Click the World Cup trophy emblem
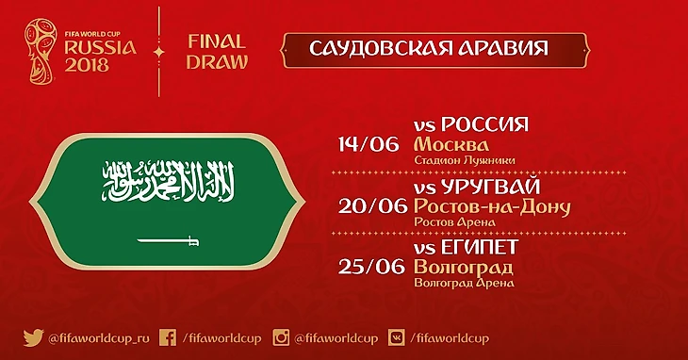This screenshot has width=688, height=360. tap(41, 51)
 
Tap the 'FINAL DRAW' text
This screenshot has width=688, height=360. tap(217, 52)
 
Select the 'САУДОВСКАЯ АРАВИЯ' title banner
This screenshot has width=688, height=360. tap(435, 51)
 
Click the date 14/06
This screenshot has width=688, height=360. tap(369, 144)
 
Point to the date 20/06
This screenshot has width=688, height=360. tap(372, 206)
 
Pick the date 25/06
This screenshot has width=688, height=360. tap(371, 267)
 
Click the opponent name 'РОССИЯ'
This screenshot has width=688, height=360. tap(484, 125)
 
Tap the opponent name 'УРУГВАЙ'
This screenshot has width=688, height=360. tap(490, 188)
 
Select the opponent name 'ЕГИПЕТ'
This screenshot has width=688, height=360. tap(480, 248)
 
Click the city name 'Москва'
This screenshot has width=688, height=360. tap(451, 145)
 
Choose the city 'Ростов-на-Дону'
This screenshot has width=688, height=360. tap(492, 207)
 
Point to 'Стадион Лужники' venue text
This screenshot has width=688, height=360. tap(465, 160)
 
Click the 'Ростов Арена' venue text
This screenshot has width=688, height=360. tap(454, 222)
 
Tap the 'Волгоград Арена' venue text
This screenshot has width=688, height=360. tap(465, 283)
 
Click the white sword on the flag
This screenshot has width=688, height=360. tap(168, 240)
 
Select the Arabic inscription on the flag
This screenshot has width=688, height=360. tap(168, 181)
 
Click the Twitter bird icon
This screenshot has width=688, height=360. tap(33, 338)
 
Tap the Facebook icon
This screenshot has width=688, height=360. tap(168, 338)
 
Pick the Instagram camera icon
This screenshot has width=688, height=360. tap(281, 338)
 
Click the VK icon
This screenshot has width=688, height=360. tap(397, 338)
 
